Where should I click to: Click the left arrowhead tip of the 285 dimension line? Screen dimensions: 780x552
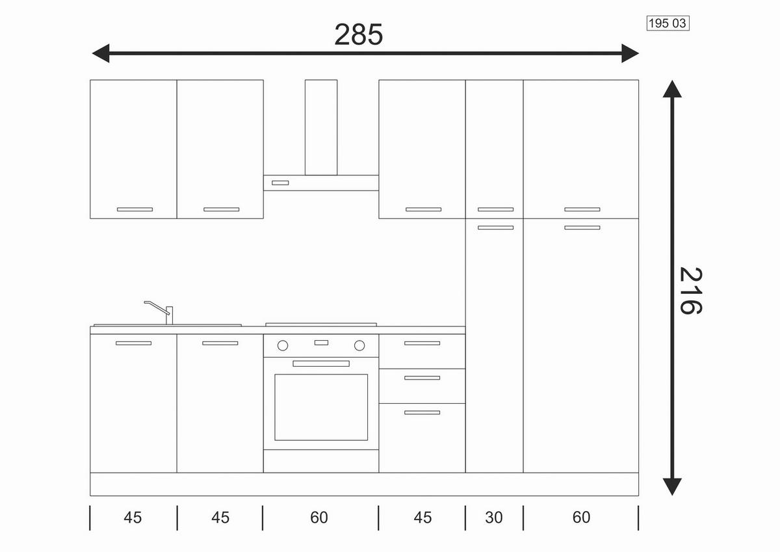point(92,53)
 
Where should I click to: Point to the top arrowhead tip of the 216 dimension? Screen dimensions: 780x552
point(672,81)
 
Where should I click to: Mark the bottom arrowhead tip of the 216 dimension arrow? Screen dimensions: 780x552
point(672,495)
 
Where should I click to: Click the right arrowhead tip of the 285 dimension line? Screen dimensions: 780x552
point(639,53)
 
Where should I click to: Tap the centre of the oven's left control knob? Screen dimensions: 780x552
point(283,345)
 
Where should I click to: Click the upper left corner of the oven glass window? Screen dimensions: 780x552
point(275,375)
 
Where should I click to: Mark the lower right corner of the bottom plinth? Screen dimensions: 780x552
point(638,495)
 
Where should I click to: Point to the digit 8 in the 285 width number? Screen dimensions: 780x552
point(359,34)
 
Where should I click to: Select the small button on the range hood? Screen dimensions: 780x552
point(280,183)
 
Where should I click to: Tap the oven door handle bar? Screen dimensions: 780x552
point(321,363)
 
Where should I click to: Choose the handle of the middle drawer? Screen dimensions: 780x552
point(422,378)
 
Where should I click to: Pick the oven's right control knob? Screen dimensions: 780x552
point(359,345)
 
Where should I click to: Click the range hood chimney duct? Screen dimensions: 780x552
point(321,127)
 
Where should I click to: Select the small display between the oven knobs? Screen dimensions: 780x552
point(321,343)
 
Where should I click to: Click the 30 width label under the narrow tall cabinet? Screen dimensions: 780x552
point(494,518)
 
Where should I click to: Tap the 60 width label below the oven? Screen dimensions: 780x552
point(319,518)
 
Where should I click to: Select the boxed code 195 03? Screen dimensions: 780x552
point(668,23)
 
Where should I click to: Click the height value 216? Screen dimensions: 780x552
point(691,291)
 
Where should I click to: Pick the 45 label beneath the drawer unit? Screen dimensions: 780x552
point(422,518)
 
